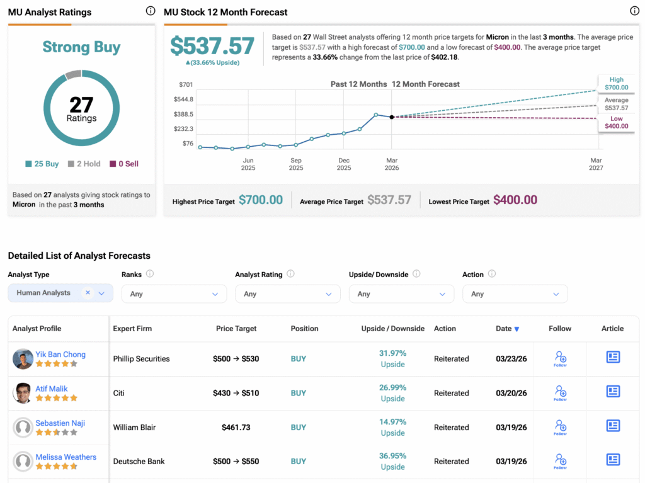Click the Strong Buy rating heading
(81, 47)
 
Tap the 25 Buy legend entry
(42, 164)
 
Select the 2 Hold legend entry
(84, 164)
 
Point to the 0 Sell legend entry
(124, 164)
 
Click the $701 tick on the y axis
(186, 85)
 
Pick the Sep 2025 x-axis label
(296, 164)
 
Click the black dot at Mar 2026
(392, 117)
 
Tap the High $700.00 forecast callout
(616, 84)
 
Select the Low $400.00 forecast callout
(616, 122)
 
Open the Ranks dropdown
(174, 293)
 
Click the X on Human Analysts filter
(88, 293)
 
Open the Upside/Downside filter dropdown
(401, 293)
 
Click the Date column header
(507, 329)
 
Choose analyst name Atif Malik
(52, 389)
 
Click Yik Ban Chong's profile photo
(23, 359)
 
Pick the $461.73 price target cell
(236, 428)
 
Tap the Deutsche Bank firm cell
(139, 461)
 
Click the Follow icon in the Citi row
(560, 393)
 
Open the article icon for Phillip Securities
(613, 357)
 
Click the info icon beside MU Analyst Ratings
(151, 11)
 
